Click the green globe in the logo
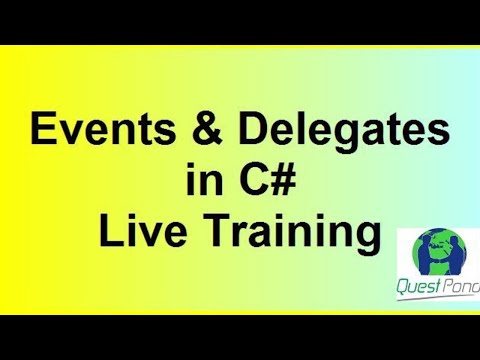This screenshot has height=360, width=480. click(437, 256)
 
